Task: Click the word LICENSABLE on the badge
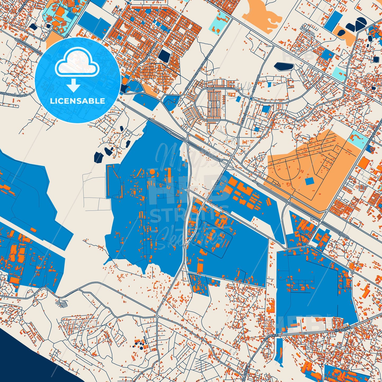(78, 101)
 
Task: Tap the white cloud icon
(77, 63)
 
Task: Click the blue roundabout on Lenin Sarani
(251, 99)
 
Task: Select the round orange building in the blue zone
(152, 172)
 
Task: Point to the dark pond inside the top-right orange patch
(341, 33)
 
